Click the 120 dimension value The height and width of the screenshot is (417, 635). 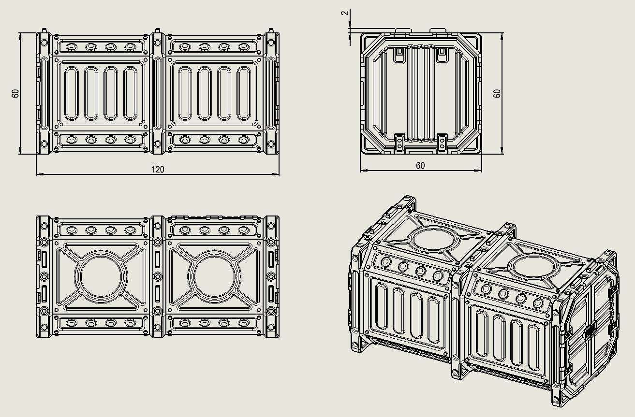[x=158, y=170]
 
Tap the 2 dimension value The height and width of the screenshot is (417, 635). [x=345, y=13]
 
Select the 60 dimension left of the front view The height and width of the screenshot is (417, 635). [x=15, y=93]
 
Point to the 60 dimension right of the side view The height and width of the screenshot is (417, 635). [x=497, y=93]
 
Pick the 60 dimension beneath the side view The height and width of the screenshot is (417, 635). [x=420, y=165]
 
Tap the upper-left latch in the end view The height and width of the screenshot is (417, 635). [x=399, y=55]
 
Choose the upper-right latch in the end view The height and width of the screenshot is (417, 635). [x=442, y=55]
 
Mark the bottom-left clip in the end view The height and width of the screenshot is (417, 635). [x=399, y=143]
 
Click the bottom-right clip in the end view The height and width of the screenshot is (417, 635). [x=442, y=143]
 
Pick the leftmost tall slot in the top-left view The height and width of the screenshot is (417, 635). [x=72, y=93]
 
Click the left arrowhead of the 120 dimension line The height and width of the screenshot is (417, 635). [x=40, y=174]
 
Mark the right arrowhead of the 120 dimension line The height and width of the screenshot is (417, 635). [x=276, y=174]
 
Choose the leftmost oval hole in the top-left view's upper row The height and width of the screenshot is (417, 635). [x=72, y=47]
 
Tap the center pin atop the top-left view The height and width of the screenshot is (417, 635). [x=158, y=30]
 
